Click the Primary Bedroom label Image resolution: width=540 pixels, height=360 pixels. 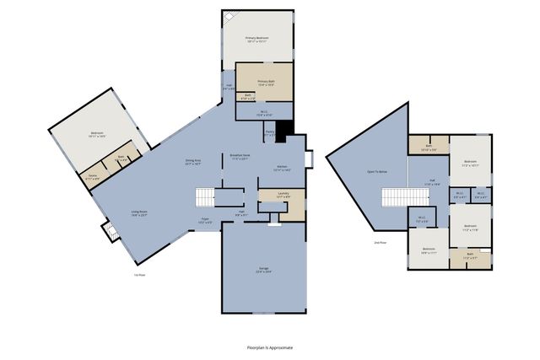click(x=257, y=39)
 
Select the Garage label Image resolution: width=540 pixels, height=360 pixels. click(x=264, y=270)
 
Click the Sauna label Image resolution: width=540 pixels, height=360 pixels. click(x=93, y=178)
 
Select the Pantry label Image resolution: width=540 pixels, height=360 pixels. click(x=271, y=133)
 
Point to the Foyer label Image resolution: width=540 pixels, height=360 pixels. click(x=205, y=221)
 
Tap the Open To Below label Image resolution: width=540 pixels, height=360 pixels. click(x=377, y=171)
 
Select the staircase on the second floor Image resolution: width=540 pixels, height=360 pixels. click(x=394, y=197)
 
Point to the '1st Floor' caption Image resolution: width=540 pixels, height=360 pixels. click(x=139, y=275)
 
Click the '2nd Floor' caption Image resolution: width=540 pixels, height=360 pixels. click(x=381, y=243)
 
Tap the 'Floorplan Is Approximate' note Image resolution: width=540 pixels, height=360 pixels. click(x=269, y=347)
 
